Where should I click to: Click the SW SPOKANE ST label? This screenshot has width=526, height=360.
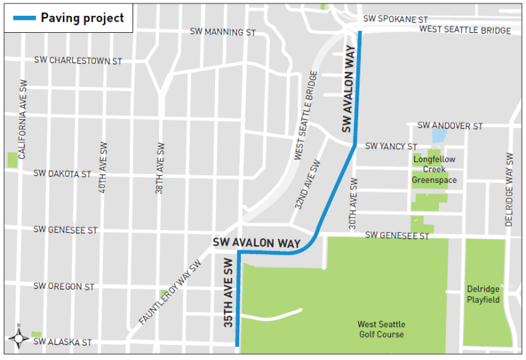pos(395,19)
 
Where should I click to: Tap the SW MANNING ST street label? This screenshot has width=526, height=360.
pos(223,32)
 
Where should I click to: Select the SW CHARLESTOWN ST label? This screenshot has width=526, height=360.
pos(77,61)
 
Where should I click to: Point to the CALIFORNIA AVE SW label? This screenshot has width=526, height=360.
pos(23,120)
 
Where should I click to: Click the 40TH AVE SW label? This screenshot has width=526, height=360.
pos(103,168)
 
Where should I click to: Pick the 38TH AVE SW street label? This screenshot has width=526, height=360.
pos(159,168)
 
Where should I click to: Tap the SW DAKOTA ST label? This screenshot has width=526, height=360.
pos(62,175)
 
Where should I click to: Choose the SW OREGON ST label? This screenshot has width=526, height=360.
pos(64,287)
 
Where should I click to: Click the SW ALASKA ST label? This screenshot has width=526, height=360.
pos(62,342)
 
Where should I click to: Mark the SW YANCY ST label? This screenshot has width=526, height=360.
pos(391,146)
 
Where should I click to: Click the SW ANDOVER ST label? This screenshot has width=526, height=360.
pos(450,126)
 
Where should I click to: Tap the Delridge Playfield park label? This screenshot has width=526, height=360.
pos(484,294)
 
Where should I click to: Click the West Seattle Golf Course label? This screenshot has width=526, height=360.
pos(381,329)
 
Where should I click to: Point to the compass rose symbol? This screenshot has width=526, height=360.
pos(18,337)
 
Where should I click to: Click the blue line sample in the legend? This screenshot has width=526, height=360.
pos(22,18)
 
